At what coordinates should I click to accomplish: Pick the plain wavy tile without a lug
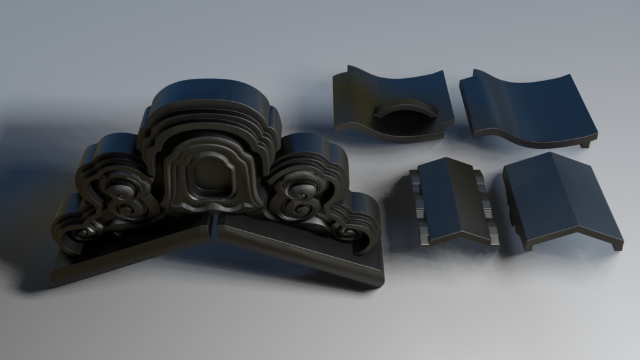[531, 106]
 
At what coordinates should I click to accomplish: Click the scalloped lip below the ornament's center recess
[209, 206]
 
